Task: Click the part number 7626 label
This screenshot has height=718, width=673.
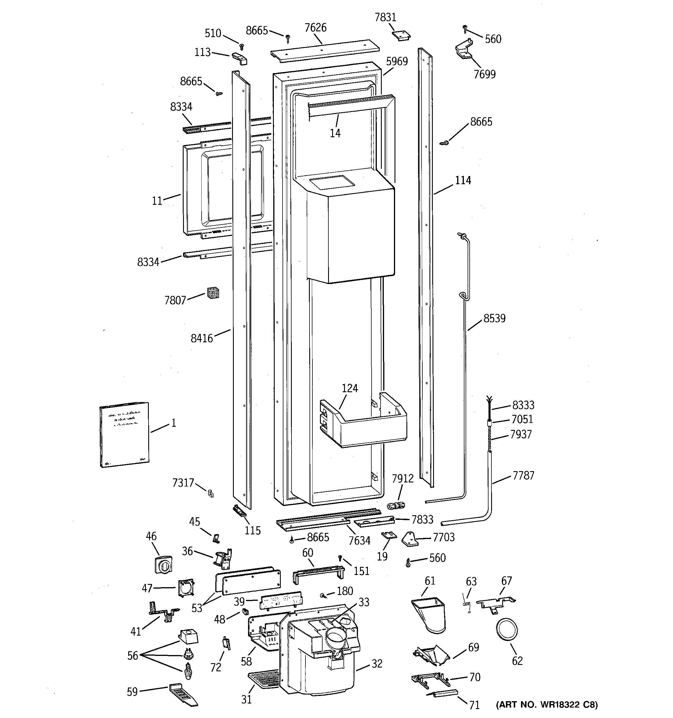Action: click(x=315, y=28)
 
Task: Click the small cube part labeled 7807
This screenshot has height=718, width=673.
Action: click(x=213, y=293)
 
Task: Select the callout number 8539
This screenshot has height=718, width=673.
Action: click(x=494, y=318)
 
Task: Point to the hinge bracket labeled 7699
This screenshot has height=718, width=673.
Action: click(x=464, y=50)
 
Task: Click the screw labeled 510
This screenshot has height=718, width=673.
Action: click(x=242, y=47)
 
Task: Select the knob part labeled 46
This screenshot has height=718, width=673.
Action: click(x=164, y=565)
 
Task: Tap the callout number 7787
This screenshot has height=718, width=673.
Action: click(x=523, y=476)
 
